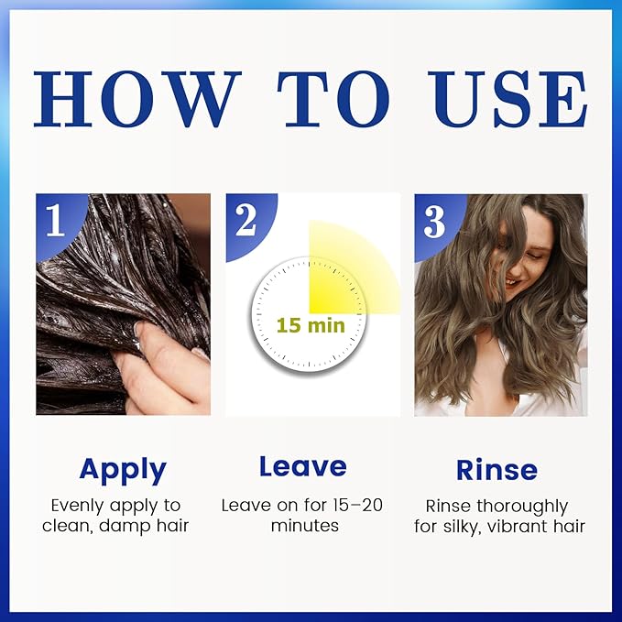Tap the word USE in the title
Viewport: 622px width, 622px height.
507,99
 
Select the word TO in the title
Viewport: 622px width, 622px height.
333,99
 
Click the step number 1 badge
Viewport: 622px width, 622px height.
56,221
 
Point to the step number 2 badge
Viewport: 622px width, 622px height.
246,221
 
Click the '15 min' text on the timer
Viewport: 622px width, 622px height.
311,325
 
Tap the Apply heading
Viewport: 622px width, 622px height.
123,471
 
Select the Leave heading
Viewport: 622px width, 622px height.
303,466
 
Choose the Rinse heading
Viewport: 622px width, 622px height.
497,470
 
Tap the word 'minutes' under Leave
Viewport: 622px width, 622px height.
305,526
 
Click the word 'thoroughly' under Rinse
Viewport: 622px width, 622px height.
522,507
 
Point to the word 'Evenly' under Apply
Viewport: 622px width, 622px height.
79,507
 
